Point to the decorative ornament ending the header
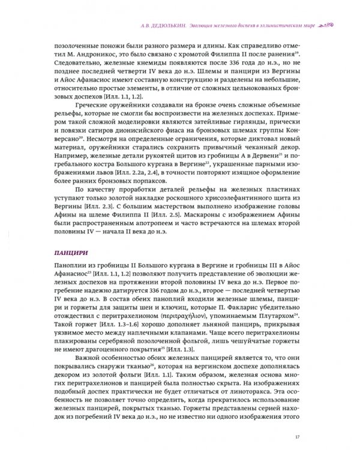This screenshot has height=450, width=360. click(323, 24)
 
